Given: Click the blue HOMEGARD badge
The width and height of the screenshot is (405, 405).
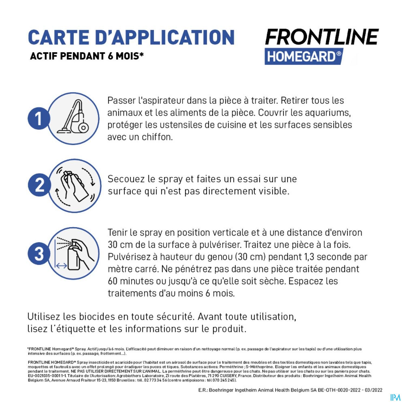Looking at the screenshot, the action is tap(304, 56).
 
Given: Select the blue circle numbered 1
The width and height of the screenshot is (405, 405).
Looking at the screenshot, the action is tap(39, 119).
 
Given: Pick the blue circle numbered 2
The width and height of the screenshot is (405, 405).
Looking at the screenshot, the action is tap(39, 185).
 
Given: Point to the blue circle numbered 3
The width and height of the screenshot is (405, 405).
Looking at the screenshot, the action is tap(39, 254).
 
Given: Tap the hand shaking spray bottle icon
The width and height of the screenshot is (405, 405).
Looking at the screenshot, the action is tap(75, 185).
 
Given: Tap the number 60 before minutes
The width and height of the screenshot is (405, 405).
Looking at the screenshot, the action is tap(113, 281).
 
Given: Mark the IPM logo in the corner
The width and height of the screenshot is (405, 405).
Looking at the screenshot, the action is tap(395, 397).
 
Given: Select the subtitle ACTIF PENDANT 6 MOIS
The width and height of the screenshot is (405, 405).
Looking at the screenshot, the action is tap(87, 56).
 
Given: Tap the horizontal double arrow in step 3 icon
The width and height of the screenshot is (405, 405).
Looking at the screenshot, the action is tap(62, 266).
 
